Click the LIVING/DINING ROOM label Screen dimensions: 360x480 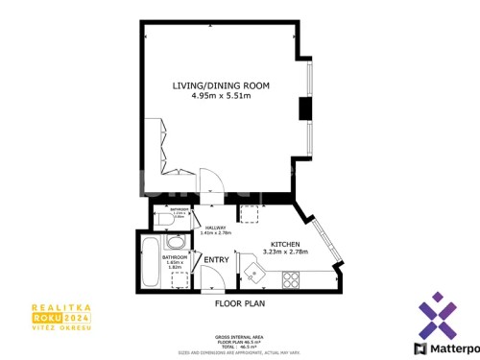tap(221, 85)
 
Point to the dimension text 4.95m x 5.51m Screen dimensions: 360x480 tap(221, 96)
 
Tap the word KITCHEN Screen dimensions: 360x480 tap(286, 245)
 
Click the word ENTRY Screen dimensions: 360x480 tap(216, 259)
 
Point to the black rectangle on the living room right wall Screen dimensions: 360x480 tap(305, 108)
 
